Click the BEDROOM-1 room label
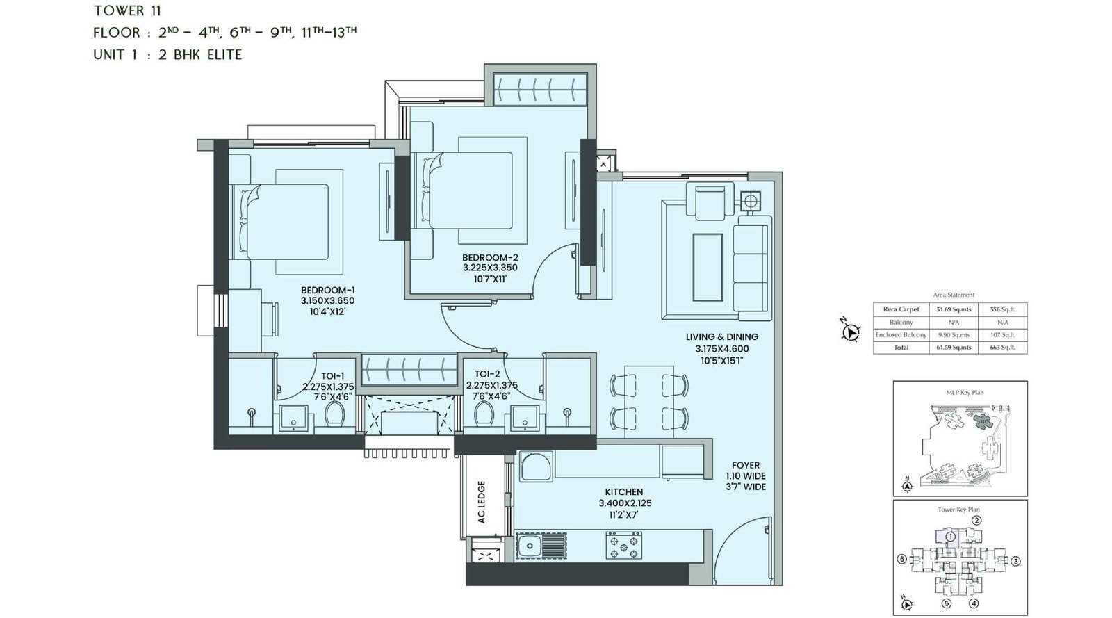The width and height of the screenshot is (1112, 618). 327,290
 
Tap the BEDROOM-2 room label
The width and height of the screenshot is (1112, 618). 490,257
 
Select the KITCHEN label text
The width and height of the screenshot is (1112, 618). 623,491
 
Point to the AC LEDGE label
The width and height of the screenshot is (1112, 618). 481,502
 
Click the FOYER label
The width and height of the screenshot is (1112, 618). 745,465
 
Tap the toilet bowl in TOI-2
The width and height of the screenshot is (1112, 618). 484,413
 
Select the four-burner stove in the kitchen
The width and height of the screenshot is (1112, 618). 624,546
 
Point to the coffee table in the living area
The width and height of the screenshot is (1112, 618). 708,267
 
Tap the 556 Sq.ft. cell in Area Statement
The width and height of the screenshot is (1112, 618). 1002,309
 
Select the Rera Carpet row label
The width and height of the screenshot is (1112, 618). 901,309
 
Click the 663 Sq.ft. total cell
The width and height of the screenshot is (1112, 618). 1002,347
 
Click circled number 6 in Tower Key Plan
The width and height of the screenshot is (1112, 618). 901,559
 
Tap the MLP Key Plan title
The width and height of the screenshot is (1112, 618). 965,393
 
